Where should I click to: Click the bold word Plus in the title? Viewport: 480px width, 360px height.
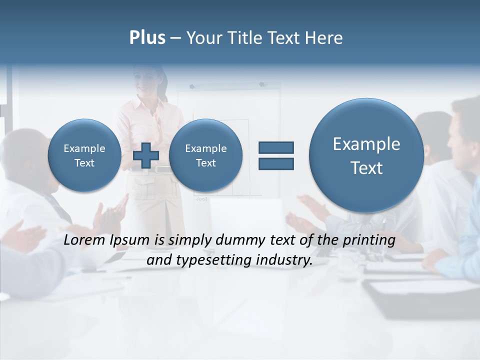(147, 38)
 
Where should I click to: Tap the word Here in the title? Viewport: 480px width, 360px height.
(325, 38)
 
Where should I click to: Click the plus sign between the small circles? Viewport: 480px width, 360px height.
(146, 155)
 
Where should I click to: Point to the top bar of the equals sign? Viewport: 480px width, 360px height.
(276, 147)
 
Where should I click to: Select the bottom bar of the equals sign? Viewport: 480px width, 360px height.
(276, 163)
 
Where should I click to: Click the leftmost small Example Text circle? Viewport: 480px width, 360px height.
(84, 155)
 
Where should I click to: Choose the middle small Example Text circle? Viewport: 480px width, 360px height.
(205, 155)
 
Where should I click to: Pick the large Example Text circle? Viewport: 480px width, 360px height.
(366, 155)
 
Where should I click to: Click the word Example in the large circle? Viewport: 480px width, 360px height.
(366, 144)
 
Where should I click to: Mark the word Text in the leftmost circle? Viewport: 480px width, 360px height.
(84, 163)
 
